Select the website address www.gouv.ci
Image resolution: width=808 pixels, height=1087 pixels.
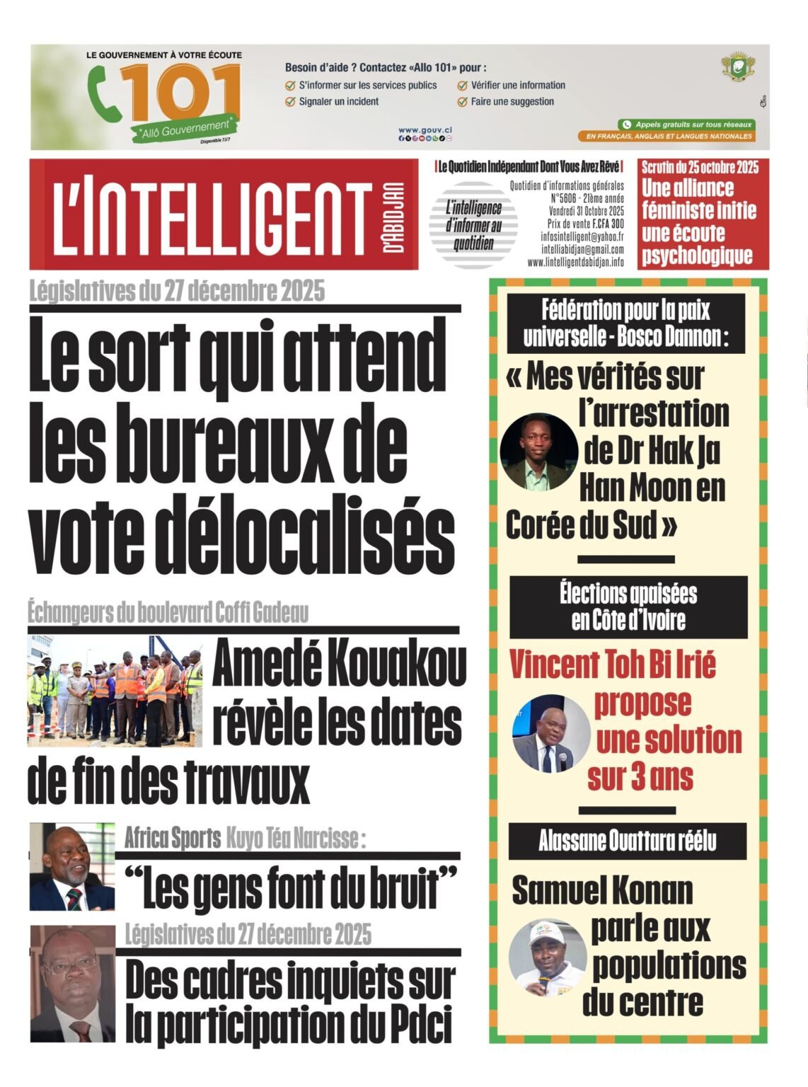click(425, 130)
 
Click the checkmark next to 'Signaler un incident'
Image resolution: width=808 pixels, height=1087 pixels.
click(289, 101)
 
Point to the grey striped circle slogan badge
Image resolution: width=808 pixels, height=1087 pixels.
click(473, 226)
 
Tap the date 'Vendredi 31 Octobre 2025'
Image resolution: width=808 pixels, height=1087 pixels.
click(587, 211)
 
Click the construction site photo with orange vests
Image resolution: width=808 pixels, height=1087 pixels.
click(115, 691)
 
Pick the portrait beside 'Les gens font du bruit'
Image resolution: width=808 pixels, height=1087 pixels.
click(71, 866)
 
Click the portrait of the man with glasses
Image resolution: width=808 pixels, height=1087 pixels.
click(71, 984)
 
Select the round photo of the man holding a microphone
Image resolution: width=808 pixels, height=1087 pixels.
click(551, 732)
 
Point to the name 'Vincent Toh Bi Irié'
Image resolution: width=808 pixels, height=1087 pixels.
click(613, 665)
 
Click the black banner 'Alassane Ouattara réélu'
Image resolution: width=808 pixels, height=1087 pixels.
click(628, 841)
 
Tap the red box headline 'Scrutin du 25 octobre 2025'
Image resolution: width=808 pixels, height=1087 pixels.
click(700, 167)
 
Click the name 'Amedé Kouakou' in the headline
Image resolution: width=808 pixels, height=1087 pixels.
click(339, 667)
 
